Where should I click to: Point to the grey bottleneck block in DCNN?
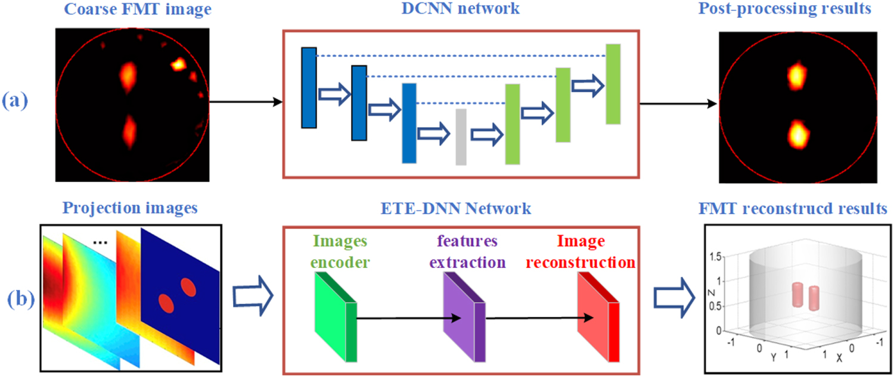click(461, 136)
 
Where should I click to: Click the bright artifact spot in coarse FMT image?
click(178, 64)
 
